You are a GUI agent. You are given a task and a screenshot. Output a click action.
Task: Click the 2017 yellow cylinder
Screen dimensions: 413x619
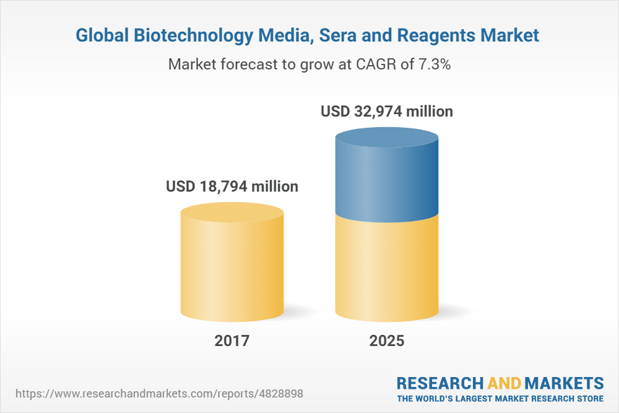[232, 267]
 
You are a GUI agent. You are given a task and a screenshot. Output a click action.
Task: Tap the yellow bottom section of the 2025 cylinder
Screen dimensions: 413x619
[387, 267]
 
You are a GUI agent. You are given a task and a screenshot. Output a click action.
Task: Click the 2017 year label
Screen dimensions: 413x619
[232, 340]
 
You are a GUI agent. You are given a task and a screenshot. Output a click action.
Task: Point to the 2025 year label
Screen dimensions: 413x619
[387, 340]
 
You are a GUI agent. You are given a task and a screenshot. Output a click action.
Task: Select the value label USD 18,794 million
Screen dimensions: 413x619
[232, 186]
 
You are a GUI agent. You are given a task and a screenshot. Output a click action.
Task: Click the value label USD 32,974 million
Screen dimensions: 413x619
[387, 112]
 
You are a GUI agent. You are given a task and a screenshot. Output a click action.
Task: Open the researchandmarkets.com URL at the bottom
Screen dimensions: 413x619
[160, 394]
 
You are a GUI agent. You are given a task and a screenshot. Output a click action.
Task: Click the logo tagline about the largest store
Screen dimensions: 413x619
[500, 397]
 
